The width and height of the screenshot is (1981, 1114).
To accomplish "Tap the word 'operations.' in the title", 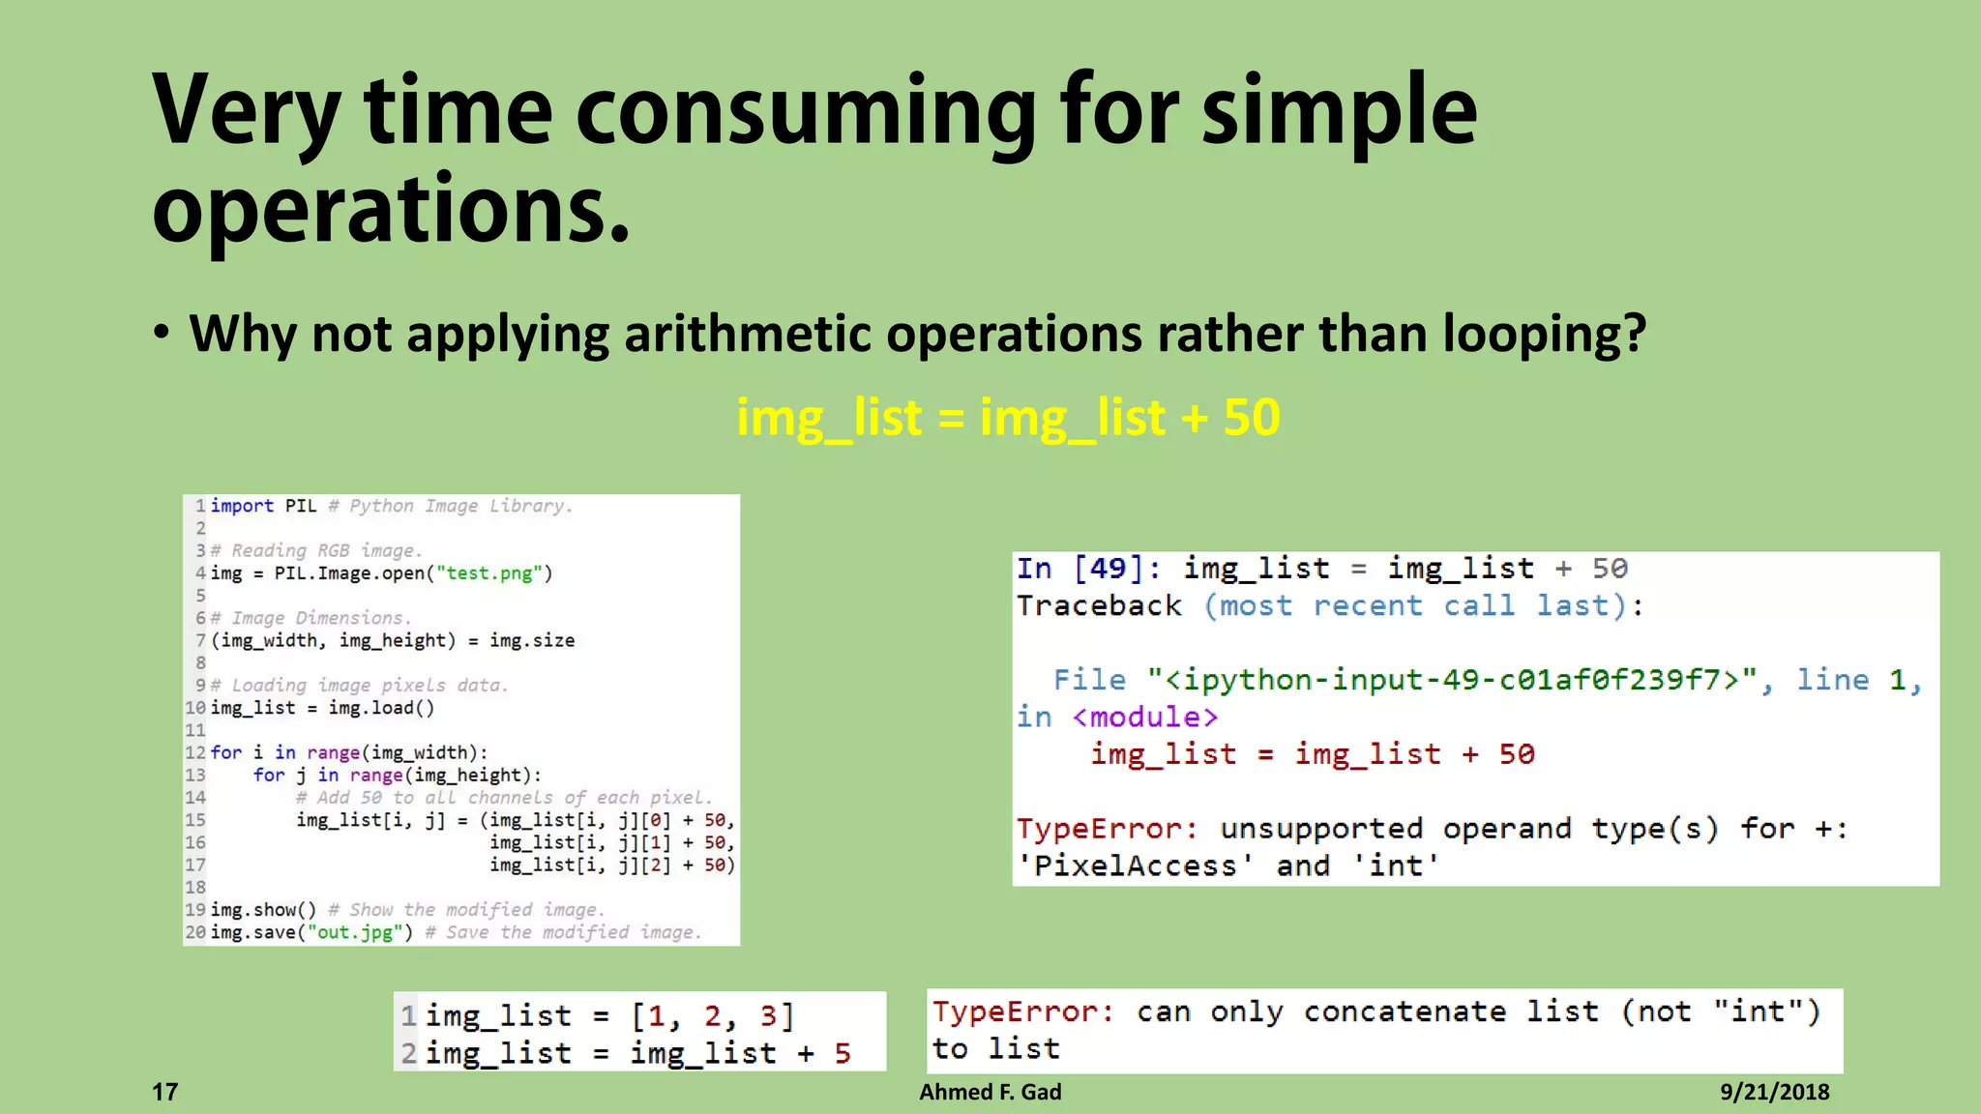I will pyautogui.click(x=391, y=209).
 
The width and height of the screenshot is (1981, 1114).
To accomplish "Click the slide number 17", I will pyautogui.click(x=165, y=1092).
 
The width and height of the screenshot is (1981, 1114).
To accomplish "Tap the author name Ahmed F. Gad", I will pyautogui.click(x=990, y=1092).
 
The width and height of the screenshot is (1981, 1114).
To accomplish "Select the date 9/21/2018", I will pyautogui.click(x=1774, y=1092).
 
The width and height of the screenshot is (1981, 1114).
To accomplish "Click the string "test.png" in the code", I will pyautogui.click(x=488, y=573).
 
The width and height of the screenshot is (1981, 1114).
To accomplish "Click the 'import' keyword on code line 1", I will pyautogui.click(x=242, y=506).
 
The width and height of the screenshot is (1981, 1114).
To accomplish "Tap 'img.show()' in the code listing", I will pyautogui.click(x=263, y=910).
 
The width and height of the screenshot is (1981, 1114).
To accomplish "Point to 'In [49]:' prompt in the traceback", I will pyautogui.click(x=1088, y=569).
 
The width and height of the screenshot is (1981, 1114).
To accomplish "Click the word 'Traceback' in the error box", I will pyautogui.click(x=1099, y=606).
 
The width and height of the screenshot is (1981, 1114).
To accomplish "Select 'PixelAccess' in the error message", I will pyautogui.click(x=1136, y=865).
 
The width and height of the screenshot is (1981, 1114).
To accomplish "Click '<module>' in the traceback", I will pyautogui.click(x=1144, y=718).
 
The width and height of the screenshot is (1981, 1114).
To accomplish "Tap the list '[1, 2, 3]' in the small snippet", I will pyautogui.click(x=713, y=1016).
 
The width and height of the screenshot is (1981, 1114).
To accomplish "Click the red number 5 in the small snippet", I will pyautogui.click(x=843, y=1053).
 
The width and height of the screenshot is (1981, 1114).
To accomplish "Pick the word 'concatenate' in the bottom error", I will pyautogui.click(x=1404, y=1011).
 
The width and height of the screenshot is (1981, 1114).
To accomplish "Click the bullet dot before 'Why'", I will pyautogui.click(x=162, y=334).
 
